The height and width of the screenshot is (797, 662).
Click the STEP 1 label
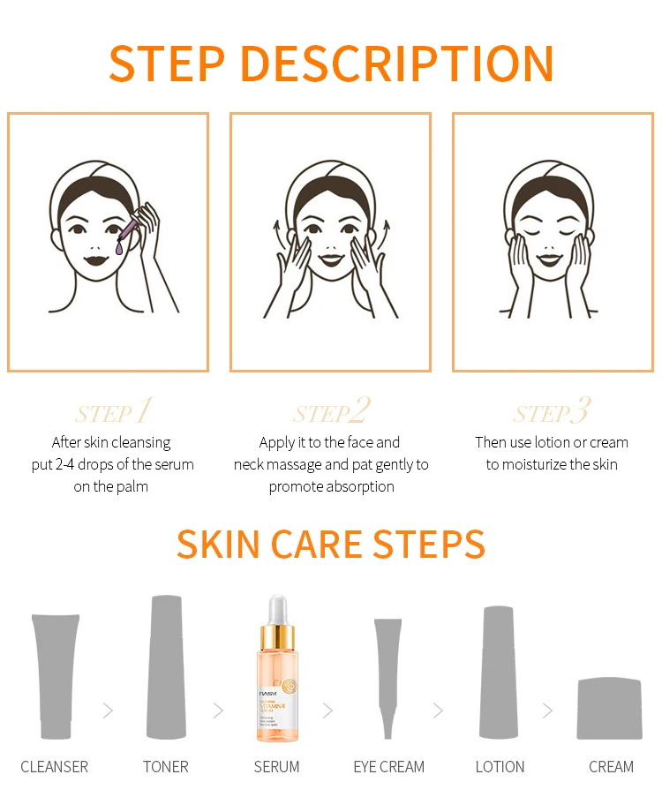114,412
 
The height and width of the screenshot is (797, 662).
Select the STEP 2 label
332,412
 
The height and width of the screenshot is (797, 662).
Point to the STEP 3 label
552,412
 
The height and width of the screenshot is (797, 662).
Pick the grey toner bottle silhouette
166,666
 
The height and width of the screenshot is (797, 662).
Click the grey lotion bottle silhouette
499,671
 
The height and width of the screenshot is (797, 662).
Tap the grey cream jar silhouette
609,708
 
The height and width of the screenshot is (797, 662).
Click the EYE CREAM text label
388,767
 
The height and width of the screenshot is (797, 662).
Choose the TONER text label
166,767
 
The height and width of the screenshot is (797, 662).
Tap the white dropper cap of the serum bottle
277,609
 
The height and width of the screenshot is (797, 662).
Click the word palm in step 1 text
132,486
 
